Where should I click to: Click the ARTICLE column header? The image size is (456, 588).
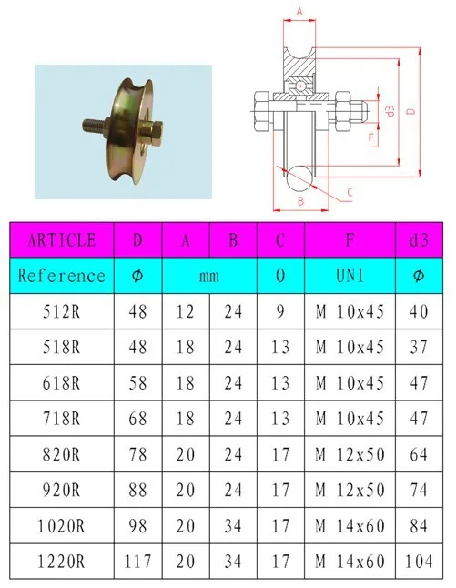[62, 240]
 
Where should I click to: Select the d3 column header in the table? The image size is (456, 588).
[419, 240]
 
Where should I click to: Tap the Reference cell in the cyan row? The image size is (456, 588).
[62, 276]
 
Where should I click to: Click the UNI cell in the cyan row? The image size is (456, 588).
[350, 276]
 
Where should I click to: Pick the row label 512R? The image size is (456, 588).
[62, 311]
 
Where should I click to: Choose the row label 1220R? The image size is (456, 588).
[62, 562]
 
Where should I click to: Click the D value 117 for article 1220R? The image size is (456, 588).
[138, 562]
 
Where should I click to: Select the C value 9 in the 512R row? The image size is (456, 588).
[280, 311]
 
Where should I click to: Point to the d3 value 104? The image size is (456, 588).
[419, 562]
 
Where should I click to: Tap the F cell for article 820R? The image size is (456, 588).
[350, 454]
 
